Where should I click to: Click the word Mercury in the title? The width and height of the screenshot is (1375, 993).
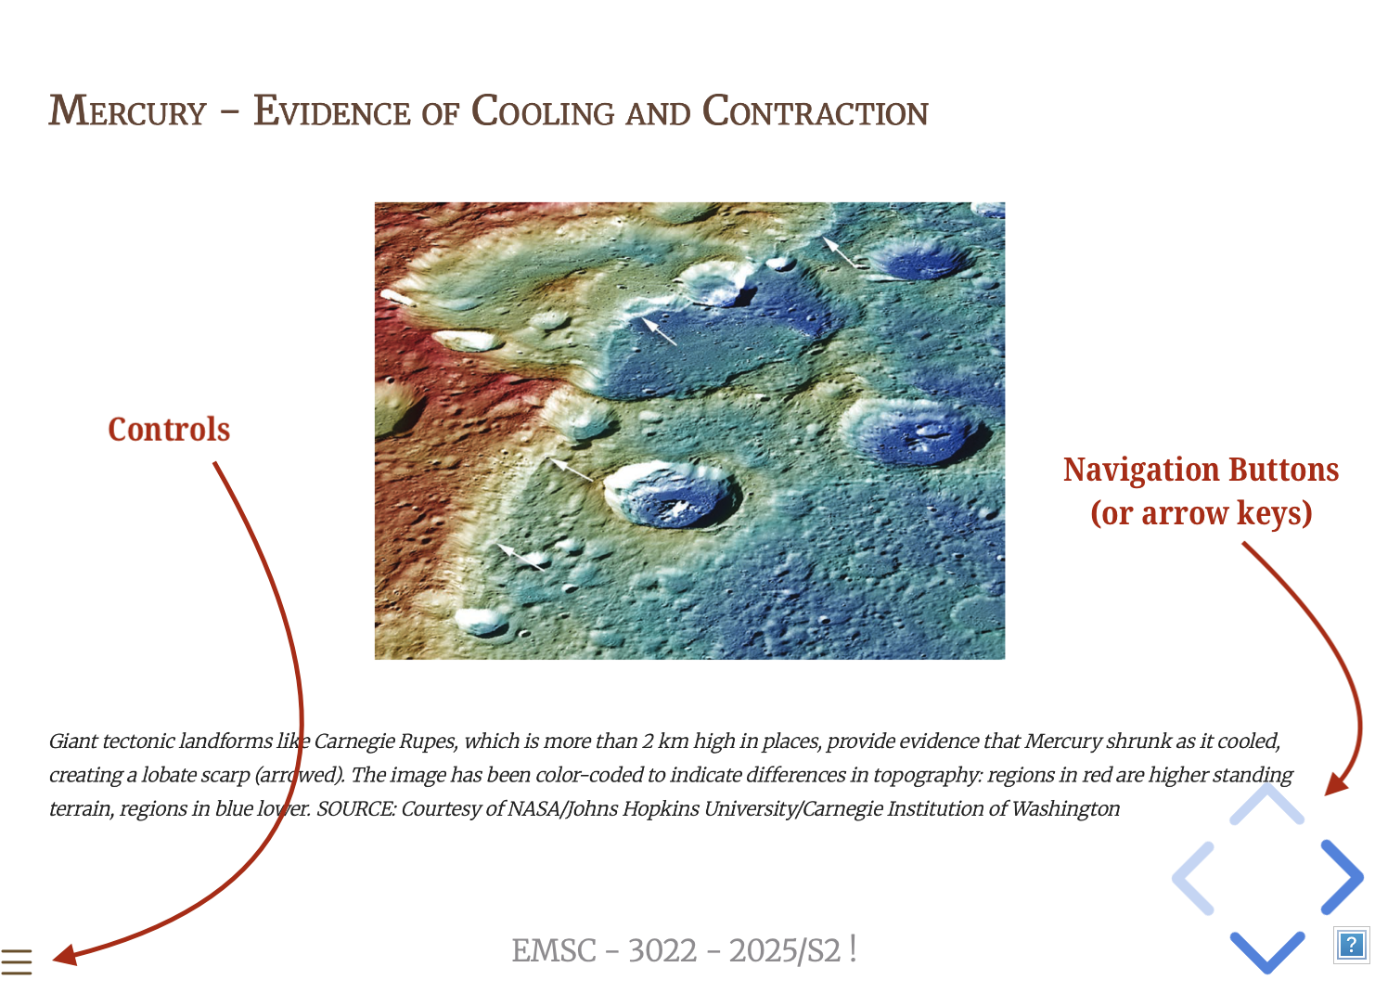click(x=128, y=111)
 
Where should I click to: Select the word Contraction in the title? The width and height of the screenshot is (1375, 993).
click(x=816, y=111)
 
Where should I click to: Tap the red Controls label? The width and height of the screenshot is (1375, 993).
click(x=169, y=429)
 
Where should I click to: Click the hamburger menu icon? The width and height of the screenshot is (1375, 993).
click(x=16, y=961)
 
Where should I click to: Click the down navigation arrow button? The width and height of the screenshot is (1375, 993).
click(x=1267, y=952)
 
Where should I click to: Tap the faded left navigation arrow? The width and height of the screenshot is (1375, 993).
click(x=1194, y=878)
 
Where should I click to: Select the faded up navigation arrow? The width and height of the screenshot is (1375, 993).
click(x=1267, y=805)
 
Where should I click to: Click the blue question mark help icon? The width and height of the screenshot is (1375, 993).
click(x=1351, y=945)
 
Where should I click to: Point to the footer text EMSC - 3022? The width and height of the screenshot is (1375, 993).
click(x=604, y=950)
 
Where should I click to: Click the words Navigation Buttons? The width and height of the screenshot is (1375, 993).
click(x=1201, y=470)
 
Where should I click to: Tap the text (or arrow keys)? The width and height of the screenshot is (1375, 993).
click(x=1202, y=513)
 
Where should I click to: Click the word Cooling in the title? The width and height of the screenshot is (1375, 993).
click(x=543, y=111)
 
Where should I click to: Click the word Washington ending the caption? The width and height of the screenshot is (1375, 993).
click(x=1066, y=808)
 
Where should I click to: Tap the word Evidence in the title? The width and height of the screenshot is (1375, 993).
click(x=331, y=111)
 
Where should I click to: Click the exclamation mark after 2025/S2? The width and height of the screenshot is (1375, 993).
click(x=853, y=949)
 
